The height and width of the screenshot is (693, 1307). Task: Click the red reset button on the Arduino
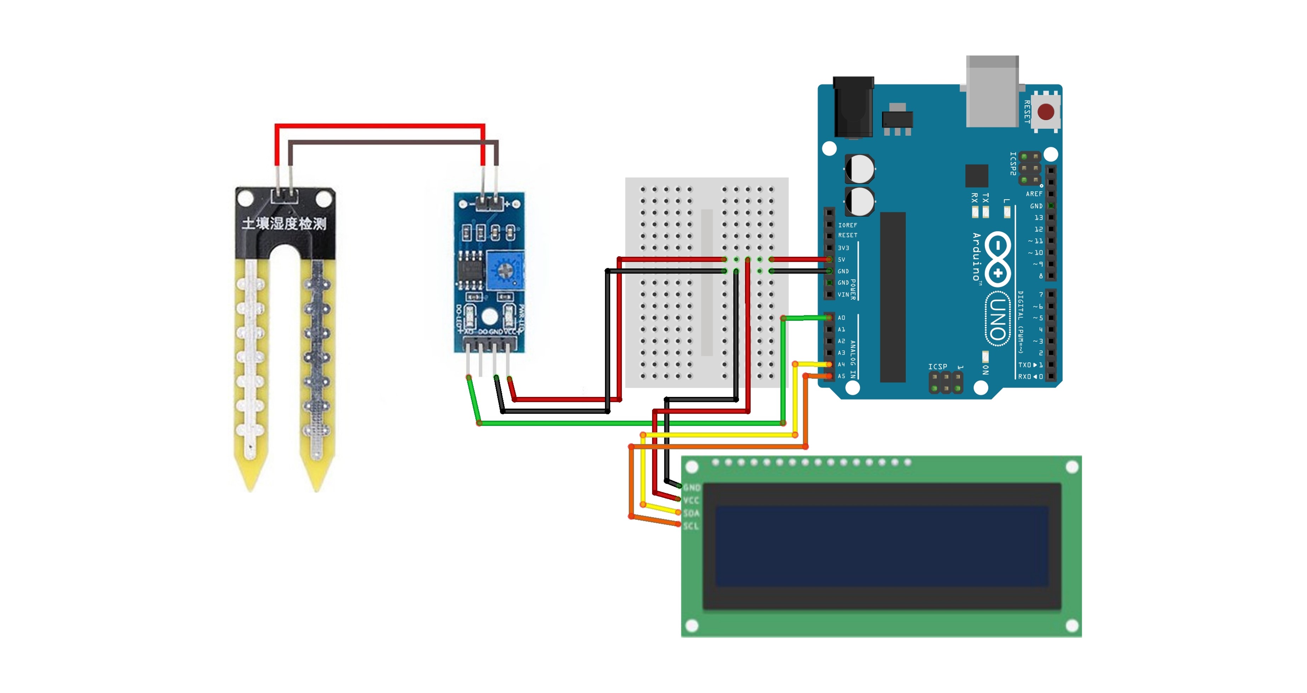[x=1046, y=112]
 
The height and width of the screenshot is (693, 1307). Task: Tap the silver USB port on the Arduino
[x=992, y=91]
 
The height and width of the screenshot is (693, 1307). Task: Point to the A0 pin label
[x=841, y=318]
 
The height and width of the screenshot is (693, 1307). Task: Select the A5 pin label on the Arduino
[x=841, y=376]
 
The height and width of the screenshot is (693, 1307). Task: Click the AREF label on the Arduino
[x=1034, y=194]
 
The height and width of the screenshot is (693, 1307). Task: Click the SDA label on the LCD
[x=691, y=513]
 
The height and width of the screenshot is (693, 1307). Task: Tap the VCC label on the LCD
[x=691, y=501]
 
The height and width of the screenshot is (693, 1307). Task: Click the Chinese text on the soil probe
[x=284, y=223]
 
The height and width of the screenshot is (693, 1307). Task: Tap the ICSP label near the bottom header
[x=937, y=366]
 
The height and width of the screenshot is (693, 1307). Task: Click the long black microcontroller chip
[x=893, y=297]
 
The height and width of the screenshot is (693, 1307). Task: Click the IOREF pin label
[x=847, y=225]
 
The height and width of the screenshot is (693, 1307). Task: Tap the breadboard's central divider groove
[x=707, y=282]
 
